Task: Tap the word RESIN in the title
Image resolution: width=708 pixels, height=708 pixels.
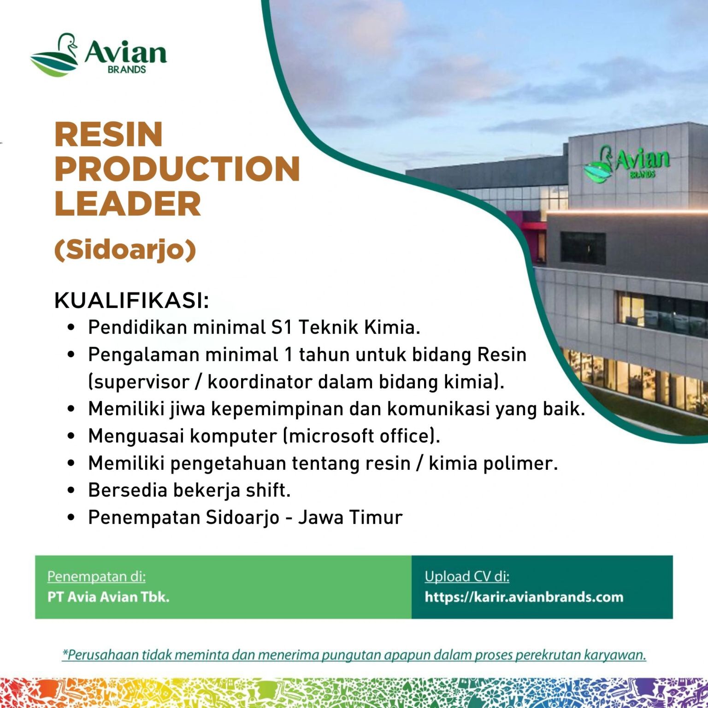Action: pos(109,135)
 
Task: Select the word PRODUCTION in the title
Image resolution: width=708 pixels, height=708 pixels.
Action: pos(177,169)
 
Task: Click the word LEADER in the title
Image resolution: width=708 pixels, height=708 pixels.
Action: pos(128,203)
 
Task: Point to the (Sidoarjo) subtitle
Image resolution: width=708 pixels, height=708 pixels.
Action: pos(125,250)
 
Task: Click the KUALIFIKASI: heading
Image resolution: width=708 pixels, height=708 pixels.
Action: pos(132,301)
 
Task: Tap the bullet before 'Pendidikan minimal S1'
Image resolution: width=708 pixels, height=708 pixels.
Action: pos(71,327)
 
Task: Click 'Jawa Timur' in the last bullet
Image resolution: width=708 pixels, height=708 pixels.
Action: pos(350,517)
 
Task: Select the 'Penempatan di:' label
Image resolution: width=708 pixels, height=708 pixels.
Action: pos(96,577)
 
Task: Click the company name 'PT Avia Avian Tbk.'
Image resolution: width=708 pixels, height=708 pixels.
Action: pos(108,597)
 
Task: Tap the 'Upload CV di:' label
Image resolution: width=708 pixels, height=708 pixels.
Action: pos(467,577)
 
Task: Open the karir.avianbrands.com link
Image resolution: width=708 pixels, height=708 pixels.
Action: pos(524,597)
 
